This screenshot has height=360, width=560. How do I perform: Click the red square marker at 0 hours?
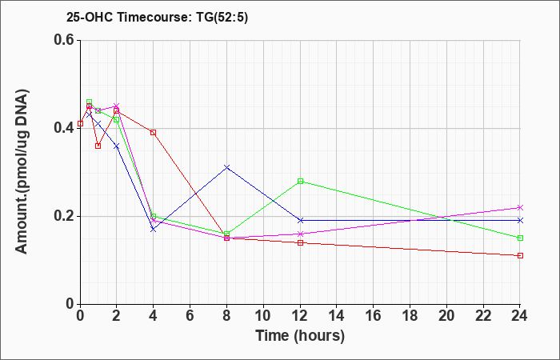pos(80,123)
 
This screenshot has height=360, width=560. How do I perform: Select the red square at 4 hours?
pos(154,133)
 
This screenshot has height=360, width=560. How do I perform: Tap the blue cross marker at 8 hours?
pos(226,167)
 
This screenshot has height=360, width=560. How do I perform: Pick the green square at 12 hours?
pos(300,181)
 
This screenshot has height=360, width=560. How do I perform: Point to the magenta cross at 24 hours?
pos(520,207)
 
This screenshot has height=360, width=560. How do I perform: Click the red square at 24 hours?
pos(520,256)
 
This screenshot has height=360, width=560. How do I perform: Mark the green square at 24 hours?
pos(520,238)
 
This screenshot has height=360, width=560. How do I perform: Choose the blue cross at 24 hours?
pos(520,220)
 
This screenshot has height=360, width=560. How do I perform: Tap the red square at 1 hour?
pos(98,146)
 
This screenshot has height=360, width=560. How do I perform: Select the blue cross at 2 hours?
pos(117,146)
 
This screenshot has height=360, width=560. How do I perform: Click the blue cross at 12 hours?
pos(300,220)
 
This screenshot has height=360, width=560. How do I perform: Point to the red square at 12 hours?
pos(300,243)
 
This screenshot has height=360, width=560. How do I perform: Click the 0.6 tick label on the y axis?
pos(64,40)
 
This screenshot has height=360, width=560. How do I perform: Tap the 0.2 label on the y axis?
pos(64,216)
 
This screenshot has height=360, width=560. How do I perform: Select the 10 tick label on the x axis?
pos(263,316)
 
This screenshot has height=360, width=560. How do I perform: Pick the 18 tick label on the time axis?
pos(410,316)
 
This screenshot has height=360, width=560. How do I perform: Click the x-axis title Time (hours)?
pos(300,336)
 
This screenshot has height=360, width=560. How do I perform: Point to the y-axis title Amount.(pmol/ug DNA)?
pos(22,171)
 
